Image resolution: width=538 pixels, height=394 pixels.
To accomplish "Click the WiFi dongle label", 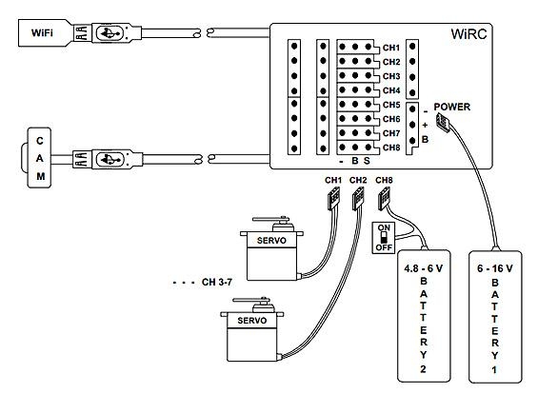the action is tap(42, 33).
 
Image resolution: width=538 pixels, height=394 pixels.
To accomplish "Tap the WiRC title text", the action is tap(468, 34).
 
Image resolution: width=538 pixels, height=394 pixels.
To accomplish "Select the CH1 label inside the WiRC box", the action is tap(391, 48).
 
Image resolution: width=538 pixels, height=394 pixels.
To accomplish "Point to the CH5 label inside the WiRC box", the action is tap(391, 105).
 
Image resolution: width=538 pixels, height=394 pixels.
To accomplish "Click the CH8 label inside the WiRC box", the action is tap(391, 148).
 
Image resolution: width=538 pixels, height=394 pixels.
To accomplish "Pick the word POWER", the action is tap(452, 107).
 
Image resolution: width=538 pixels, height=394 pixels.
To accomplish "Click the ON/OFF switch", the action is tap(384, 238).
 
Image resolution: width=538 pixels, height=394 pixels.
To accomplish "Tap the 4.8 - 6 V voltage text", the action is tap(424, 268).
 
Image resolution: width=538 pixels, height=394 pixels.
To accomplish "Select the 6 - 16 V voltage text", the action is tap(495, 268).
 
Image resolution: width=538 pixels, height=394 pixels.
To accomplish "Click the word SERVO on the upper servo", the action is tap(271, 241).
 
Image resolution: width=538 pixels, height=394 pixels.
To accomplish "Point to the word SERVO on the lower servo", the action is tap(251, 321).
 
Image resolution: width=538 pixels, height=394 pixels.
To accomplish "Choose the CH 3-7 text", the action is tap(217, 283).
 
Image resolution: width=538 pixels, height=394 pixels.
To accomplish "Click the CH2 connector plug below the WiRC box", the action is tap(358, 199).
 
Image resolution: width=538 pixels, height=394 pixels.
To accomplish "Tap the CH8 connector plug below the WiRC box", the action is tap(384, 199).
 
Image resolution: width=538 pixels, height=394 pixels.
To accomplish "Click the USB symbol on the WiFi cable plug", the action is tap(110, 33).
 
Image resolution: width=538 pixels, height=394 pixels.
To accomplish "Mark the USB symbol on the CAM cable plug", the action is tap(110, 160).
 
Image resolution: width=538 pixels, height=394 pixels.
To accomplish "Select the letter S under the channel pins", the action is tap(367, 161).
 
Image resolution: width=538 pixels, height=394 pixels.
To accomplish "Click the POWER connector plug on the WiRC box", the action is tap(443, 123).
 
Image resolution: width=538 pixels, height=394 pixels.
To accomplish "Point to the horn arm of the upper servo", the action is tap(270, 219).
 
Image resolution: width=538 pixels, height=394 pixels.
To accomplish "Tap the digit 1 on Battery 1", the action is tap(494, 370).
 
